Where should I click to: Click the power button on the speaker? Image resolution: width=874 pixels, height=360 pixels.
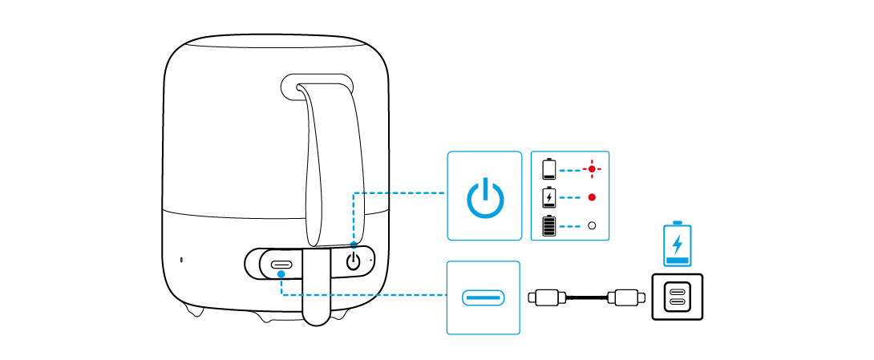pyautogui.click(x=354, y=261)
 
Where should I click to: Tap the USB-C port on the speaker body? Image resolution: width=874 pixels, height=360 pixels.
pyautogui.click(x=281, y=265)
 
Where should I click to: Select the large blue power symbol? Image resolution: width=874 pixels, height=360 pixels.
pyautogui.click(x=485, y=197)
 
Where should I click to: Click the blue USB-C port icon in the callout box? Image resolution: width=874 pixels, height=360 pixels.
pyautogui.click(x=484, y=298)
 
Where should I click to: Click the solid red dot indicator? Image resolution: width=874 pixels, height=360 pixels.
pyautogui.click(x=592, y=197)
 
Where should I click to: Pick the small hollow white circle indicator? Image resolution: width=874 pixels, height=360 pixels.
pyautogui.click(x=592, y=226)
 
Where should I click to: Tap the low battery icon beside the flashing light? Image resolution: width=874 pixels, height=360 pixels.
pyautogui.click(x=549, y=169)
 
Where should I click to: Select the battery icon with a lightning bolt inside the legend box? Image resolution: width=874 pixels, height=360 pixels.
pyautogui.click(x=549, y=197)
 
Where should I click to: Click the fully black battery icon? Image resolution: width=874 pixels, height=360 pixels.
pyautogui.click(x=549, y=226)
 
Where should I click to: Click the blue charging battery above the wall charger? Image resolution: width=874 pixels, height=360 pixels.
pyautogui.click(x=678, y=244)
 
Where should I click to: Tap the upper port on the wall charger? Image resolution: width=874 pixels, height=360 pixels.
pyautogui.click(x=677, y=291)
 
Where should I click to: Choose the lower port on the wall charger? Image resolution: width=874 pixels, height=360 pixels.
pyautogui.click(x=677, y=304)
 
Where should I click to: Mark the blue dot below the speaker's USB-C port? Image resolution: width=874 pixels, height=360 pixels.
pyautogui.click(x=281, y=274)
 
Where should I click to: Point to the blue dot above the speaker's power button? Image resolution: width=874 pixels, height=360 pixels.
pyautogui.click(x=354, y=244)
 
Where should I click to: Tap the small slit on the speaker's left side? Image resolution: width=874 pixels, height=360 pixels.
pyautogui.click(x=181, y=260)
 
